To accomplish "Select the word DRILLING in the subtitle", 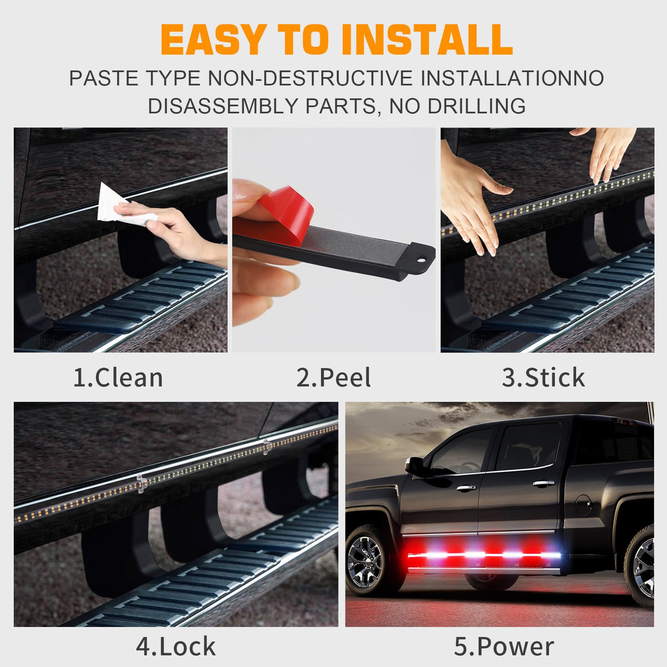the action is pos(476,106).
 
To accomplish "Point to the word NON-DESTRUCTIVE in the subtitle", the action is pos(310,78).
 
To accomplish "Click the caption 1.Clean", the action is pos(118,377).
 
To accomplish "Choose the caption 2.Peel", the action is pos(333,377).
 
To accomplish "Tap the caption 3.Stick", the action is pos(544,377).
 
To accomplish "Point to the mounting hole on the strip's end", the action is pos(422,258).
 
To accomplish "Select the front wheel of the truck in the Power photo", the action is pos(369,561).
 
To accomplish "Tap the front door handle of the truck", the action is pos(466,489).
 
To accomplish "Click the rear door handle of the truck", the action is pos(544,483).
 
